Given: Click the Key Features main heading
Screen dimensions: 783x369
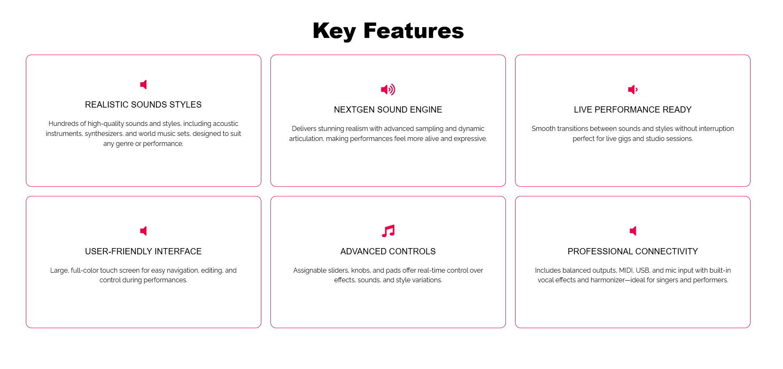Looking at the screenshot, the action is [x=388, y=31].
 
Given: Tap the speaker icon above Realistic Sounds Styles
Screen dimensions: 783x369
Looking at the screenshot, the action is [x=143, y=85].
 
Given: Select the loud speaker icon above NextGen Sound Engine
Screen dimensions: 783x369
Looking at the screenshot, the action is [x=388, y=90].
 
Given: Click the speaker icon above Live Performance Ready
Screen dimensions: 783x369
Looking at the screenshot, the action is [x=633, y=90].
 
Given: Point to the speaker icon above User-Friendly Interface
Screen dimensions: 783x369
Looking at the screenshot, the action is [x=143, y=231].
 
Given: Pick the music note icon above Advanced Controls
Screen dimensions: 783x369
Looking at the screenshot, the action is [x=388, y=231].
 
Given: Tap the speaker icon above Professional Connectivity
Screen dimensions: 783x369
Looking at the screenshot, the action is [x=633, y=231].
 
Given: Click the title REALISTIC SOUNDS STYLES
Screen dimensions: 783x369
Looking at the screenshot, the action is [x=143, y=105].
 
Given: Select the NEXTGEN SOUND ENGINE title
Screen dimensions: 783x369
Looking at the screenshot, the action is [x=388, y=110].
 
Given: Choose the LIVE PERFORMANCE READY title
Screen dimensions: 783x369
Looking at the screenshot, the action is [x=633, y=110].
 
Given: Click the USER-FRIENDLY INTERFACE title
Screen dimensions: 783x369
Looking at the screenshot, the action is [x=143, y=251].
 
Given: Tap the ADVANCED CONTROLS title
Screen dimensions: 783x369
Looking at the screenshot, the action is [x=388, y=251].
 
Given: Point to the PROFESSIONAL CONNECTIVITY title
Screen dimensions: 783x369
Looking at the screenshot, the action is [x=633, y=251].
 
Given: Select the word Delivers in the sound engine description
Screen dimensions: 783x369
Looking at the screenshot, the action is [x=304, y=128].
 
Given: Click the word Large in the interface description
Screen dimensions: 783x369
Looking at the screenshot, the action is [x=59, y=270].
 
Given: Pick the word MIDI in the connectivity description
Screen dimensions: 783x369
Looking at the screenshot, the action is [x=626, y=270].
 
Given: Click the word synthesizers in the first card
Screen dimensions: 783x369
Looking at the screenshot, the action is [x=104, y=134].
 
